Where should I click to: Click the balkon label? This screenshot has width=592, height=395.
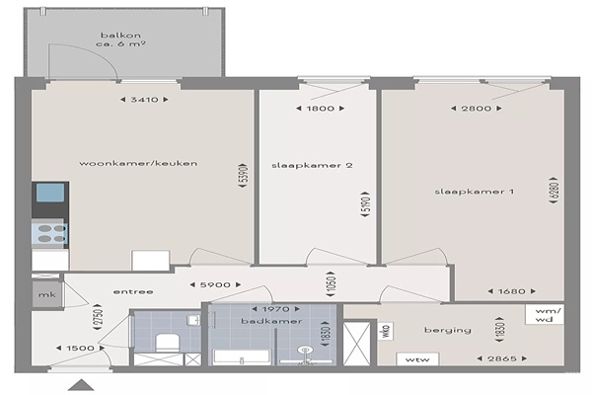coord(120,36)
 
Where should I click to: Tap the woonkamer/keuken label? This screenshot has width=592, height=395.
coord(138,163)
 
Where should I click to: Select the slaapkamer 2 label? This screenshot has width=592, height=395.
coord(312,165)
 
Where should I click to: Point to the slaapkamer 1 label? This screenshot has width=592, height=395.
coord(475,192)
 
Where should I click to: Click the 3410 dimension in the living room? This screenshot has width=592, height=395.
coord(144,100)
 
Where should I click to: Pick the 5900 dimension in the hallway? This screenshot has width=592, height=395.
coord(215,284)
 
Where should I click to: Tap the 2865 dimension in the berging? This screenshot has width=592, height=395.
coord(502,358)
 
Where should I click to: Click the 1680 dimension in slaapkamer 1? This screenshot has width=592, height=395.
coord(511,291)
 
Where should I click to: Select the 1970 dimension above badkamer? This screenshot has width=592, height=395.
coord(275,309)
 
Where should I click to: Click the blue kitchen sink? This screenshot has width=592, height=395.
coord(50,193)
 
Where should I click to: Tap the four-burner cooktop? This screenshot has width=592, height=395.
coord(49,233)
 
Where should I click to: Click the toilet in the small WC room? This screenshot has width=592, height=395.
coord(168,343)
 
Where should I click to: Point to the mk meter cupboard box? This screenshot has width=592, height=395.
coord(46,294)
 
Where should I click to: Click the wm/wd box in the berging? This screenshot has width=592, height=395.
coord(545,314)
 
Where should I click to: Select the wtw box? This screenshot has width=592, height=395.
coord(417,359)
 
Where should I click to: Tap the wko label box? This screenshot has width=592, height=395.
coord(386,332)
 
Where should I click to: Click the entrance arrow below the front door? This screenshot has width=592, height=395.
coord(81,385)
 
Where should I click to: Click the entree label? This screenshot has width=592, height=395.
coord(133,292)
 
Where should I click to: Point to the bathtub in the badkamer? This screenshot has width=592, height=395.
coord(242,357)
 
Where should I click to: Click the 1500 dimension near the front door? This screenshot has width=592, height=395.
coord(81,348)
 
